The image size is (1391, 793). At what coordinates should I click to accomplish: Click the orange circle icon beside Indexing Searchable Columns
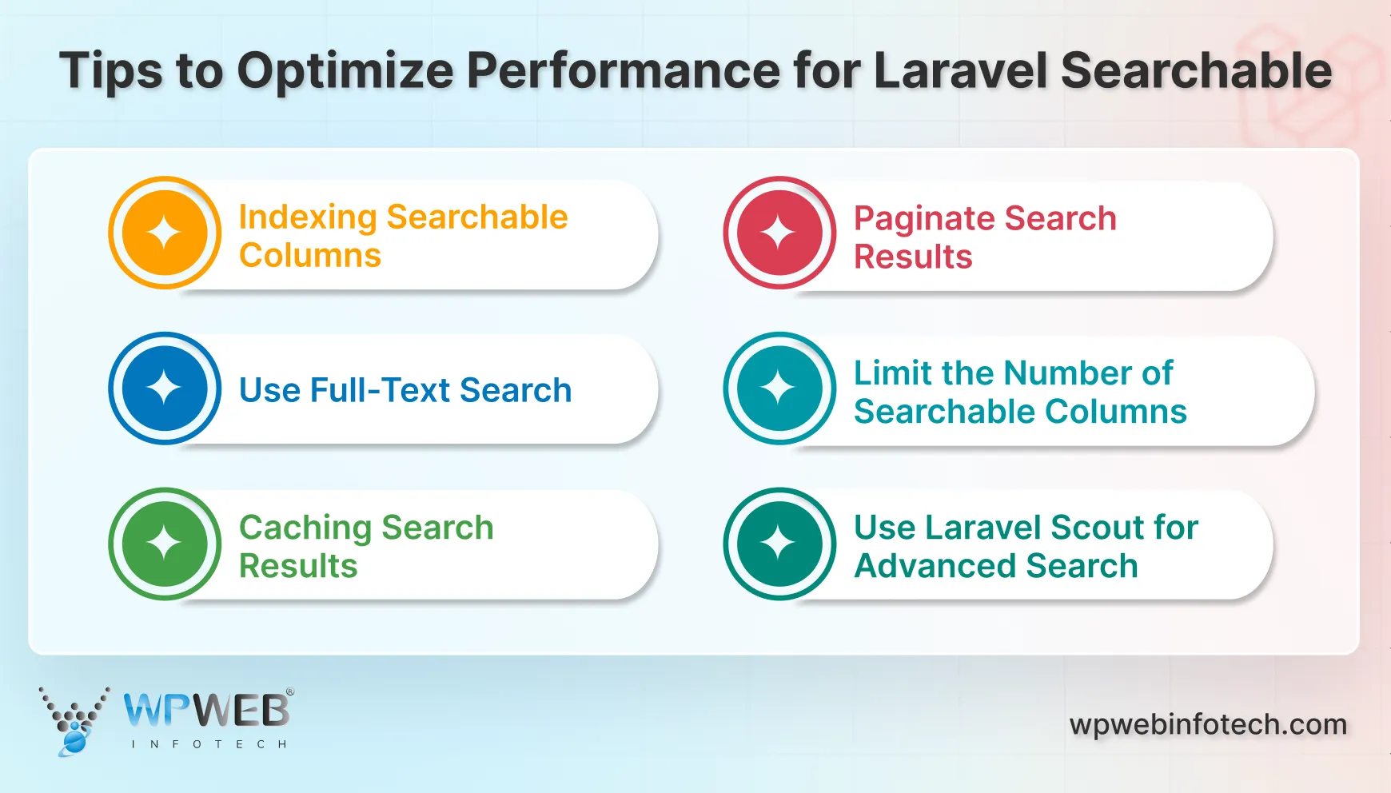pyautogui.click(x=165, y=233)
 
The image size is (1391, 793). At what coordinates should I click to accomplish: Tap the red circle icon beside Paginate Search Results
pyautogui.click(x=779, y=233)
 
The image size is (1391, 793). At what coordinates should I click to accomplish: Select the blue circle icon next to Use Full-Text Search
pyautogui.click(x=165, y=389)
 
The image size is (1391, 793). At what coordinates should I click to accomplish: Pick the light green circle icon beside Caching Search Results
pyautogui.click(x=165, y=544)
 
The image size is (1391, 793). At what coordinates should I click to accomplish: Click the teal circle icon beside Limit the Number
pyautogui.click(x=779, y=389)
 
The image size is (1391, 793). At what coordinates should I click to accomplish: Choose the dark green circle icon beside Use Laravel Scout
pyautogui.click(x=779, y=544)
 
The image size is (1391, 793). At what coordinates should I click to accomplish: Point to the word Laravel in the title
pyautogui.click(x=959, y=70)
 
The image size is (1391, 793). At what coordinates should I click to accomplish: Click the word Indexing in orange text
pyautogui.click(x=308, y=217)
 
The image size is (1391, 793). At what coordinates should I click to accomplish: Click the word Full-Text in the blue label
pyautogui.click(x=380, y=390)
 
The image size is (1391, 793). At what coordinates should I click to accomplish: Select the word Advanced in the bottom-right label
pyautogui.click(x=935, y=566)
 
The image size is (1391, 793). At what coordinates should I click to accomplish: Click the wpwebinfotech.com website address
pyautogui.click(x=1207, y=724)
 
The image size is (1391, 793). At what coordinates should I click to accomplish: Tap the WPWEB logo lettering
pyautogui.click(x=206, y=710)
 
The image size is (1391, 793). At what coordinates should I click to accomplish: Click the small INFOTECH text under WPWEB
pyautogui.click(x=209, y=744)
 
